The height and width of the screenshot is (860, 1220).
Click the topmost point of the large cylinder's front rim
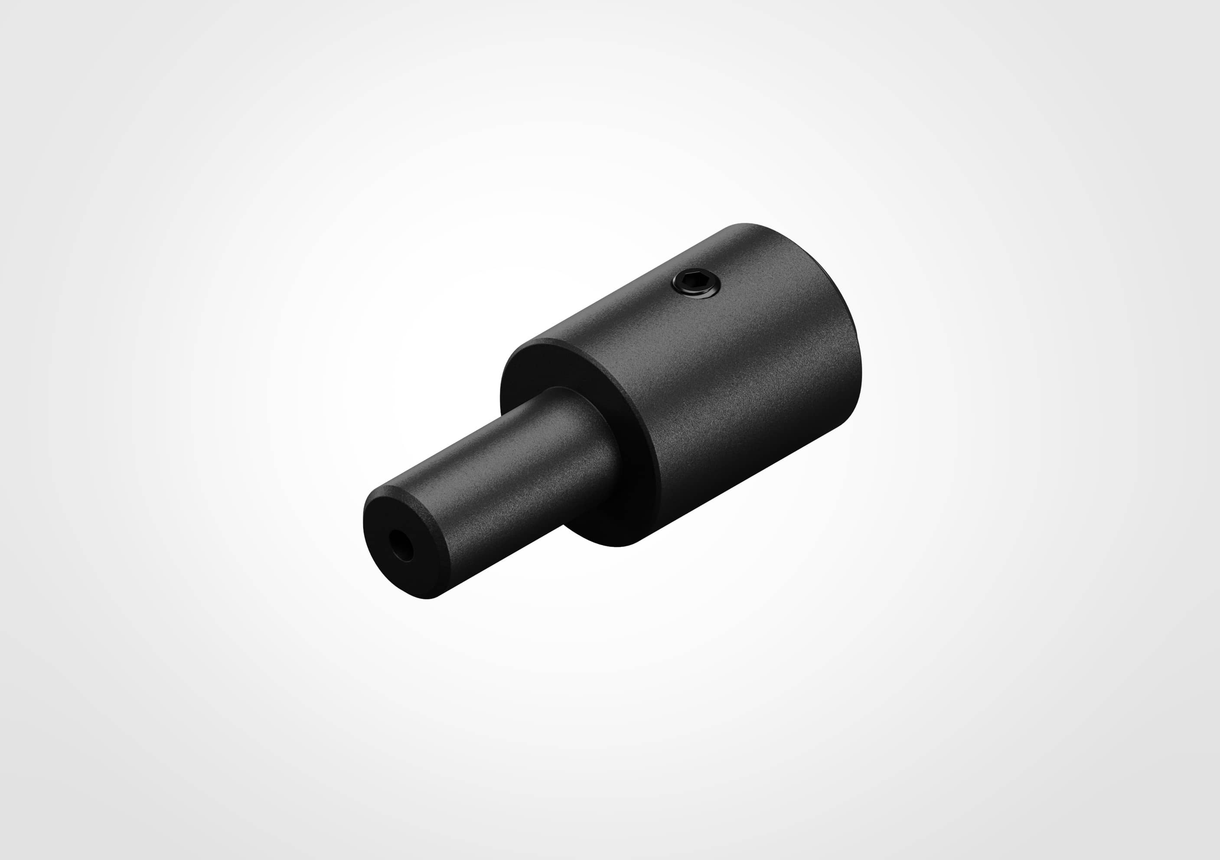click(537, 340)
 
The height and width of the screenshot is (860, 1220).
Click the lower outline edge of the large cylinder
click(744, 483)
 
